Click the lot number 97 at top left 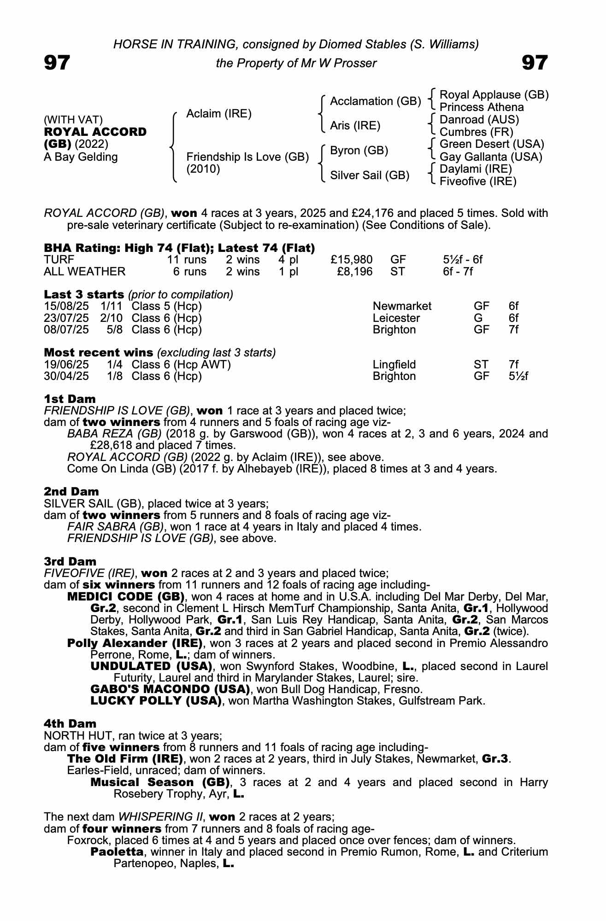point(57,63)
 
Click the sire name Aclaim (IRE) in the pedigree point(218,114)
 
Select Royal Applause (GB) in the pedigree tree point(494,95)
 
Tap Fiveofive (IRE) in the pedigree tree point(478,181)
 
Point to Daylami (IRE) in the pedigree point(476,169)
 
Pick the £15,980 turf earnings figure point(352,260)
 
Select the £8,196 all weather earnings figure point(355,272)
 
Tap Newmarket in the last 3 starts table point(402,306)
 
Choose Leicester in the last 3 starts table point(396,318)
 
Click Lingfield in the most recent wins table point(394,365)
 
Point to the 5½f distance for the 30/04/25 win point(518,376)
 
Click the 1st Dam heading point(70,399)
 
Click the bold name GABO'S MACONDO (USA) point(171,689)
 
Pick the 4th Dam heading point(70,724)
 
